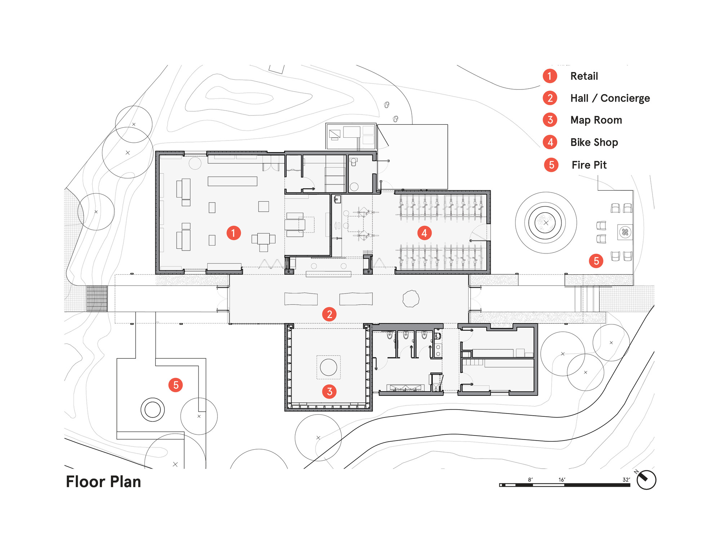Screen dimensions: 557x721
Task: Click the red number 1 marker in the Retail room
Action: click(234, 233)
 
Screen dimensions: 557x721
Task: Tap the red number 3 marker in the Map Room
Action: click(329, 391)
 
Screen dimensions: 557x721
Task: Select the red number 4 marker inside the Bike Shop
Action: click(424, 233)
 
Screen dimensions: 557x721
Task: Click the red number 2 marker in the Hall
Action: click(329, 314)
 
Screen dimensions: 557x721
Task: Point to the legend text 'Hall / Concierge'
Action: click(610, 98)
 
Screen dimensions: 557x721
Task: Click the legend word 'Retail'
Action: click(584, 76)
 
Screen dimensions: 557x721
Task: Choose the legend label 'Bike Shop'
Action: click(594, 142)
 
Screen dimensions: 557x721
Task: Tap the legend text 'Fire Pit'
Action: click(589, 165)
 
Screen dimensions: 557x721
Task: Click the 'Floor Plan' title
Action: click(103, 482)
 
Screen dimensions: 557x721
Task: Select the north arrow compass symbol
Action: click(646, 480)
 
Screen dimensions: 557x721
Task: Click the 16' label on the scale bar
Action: click(562, 479)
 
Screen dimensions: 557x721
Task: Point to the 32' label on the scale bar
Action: click(626, 479)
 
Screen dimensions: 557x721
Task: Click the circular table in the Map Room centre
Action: click(328, 367)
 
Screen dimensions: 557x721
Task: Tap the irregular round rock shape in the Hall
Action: click(411, 299)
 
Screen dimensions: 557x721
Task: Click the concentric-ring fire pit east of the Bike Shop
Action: click(546, 223)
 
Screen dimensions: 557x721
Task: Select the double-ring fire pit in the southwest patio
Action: click(152, 410)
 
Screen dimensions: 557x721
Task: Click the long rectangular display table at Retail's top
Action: click(232, 181)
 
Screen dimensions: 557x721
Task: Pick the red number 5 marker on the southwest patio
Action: click(176, 385)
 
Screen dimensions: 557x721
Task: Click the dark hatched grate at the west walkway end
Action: click(97, 299)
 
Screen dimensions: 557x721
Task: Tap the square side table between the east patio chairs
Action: click(625, 232)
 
